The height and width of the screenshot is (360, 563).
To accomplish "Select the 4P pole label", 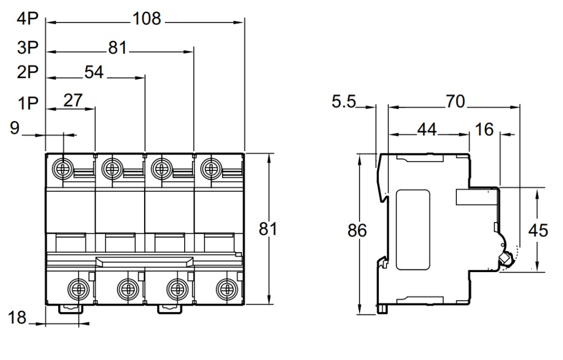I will (x=27, y=19).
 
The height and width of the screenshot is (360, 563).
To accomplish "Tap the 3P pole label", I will (x=27, y=48).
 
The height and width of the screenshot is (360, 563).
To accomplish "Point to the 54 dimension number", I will (x=93, y=73).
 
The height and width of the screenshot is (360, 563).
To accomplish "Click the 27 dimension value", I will (x=73, y=100).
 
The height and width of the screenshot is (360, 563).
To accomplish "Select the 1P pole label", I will (x=27, y=103).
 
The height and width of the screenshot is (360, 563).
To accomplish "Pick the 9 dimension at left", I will (x=15, y=129).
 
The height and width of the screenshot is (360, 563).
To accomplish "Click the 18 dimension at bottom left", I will (x=17, y=317).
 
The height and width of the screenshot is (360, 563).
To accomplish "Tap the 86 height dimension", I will (x=357, y=231).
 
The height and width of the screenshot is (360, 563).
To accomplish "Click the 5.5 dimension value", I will (x=344, y=102).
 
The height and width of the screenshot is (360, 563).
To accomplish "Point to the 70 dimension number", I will (x=454, y=102).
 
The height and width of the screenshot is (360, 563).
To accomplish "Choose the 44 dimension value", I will (x=427, y=129).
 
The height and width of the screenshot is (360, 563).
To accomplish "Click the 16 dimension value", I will (x=484, y=129).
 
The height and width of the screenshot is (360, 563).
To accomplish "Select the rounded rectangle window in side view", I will (x=413, y=229).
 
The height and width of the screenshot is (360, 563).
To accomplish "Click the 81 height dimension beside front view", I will (x=268, y=229).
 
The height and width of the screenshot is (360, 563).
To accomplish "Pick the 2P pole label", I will (x=27, y=73).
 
